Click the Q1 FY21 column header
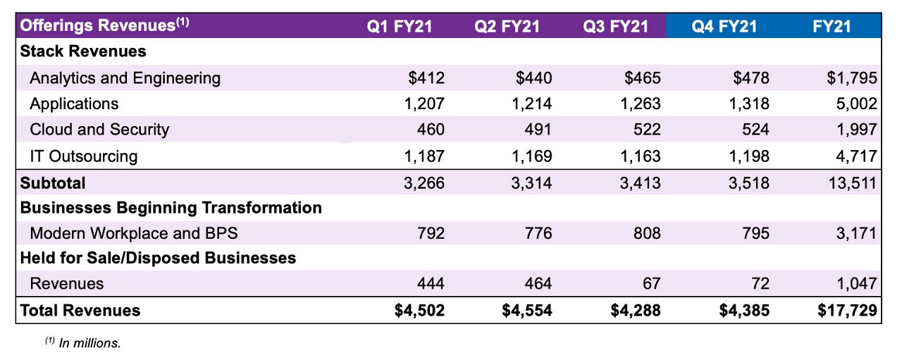tap(400, 27)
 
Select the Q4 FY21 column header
tap(724, 27)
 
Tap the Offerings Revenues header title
tap(105, 26)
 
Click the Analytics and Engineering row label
tap(125, 78)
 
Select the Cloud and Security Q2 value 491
tap(538, 130)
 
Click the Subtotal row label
tap(53, 183)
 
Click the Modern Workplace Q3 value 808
tap(647, 232)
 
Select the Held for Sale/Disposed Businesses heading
tap(158, 258)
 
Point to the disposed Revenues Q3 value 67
tap(652, 284)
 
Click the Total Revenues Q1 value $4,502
tap(419, 311)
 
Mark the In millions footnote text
tap(83, 343)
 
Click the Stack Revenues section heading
tap(83, 51)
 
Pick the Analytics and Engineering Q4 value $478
tap(751, 78)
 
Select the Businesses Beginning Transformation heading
tap(171, 208)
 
